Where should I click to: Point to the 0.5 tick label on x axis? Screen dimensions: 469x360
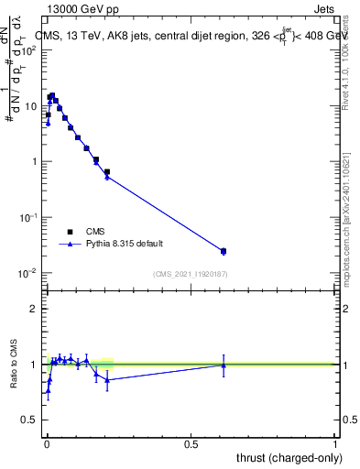(x=191, y=443)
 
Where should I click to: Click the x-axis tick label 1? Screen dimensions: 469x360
(x=335, y=443)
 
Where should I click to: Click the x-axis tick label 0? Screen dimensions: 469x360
(x=47, y=443)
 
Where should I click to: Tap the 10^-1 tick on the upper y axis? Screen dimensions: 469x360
(x=30, y=217)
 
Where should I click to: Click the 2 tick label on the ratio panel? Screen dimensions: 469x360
(x=33, y=309)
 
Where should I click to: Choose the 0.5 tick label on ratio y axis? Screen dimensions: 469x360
(x=30, y=420)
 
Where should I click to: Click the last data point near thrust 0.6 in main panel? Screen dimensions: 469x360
(x=224, y=251)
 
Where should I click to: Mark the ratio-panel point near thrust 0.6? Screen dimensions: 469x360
(x=224, y=365)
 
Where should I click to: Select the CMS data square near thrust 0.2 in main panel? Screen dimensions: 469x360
(x=107, y=171)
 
